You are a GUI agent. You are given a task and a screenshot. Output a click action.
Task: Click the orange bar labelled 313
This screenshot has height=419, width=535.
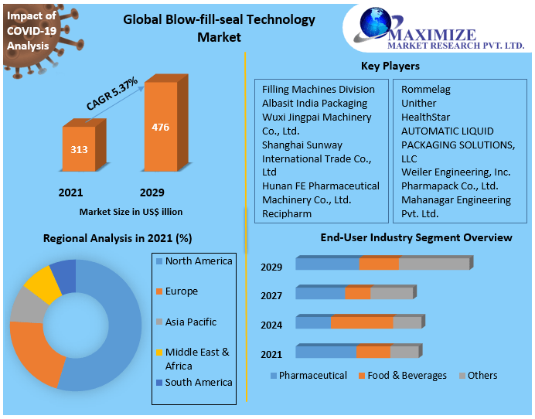point(79,148)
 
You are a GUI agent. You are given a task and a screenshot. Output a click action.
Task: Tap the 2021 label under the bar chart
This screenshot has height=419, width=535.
point(70,192)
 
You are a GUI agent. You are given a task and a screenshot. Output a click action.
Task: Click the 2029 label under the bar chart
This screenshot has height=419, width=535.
point(152,192)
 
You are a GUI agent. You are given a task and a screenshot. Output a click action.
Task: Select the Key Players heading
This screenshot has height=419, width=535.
point(390,66)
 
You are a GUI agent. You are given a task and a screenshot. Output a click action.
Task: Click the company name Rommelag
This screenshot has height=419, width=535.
point(425,90)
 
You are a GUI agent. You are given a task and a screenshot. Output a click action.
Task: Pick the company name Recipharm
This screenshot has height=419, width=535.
point(288,213)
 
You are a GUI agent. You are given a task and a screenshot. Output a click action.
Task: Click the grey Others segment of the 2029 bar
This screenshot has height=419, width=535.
point(433,264)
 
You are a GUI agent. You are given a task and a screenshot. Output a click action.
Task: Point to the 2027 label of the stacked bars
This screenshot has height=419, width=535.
point(271,296)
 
